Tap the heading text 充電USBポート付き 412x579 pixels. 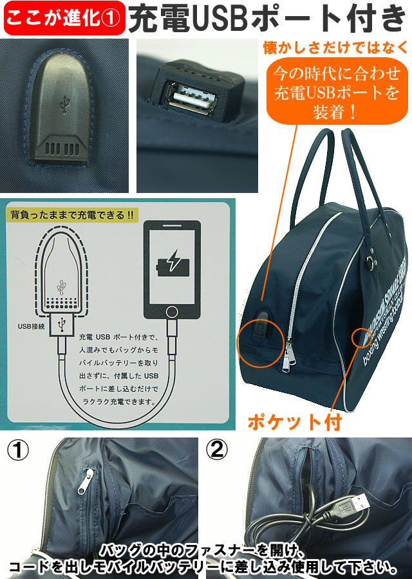tap(269, 19)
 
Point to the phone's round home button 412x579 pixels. tap(171, 312)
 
